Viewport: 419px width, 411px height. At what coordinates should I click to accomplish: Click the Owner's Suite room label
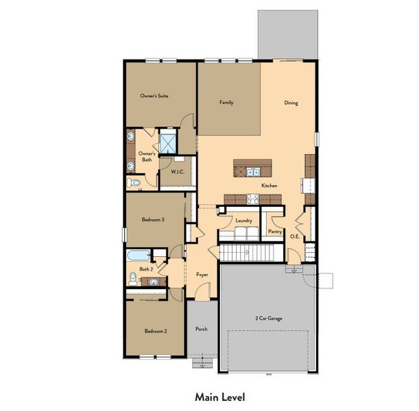point(154,96)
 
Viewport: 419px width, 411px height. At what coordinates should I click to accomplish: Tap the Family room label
point(226,103)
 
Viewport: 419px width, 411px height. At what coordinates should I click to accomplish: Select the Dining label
point(291,103)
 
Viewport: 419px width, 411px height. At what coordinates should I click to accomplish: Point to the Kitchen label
point(268,186)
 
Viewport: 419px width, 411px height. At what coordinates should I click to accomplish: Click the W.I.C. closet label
point(168,172)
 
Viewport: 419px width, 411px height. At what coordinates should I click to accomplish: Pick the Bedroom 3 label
point(152,219)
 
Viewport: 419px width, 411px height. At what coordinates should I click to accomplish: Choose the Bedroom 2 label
point(154,332)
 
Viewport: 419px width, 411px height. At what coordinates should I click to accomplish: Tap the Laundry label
point(243,221)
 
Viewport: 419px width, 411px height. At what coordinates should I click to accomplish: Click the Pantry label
point(275,232)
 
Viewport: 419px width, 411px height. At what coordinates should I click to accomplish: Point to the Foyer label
point(202,274)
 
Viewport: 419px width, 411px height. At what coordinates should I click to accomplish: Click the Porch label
point(201,329)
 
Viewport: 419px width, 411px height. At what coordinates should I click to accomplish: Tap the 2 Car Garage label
point(269,319)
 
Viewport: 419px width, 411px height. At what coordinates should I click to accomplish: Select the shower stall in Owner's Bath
point(169,142)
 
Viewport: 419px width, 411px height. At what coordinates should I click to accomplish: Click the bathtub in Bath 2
point(139,256)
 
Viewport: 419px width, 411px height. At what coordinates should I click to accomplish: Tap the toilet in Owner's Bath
point(134,183)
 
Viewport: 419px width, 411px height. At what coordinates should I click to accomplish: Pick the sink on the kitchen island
point(252,172)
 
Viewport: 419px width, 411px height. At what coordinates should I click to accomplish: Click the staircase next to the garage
point(246,254)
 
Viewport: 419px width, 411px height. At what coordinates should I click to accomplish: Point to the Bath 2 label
point(145,269)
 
